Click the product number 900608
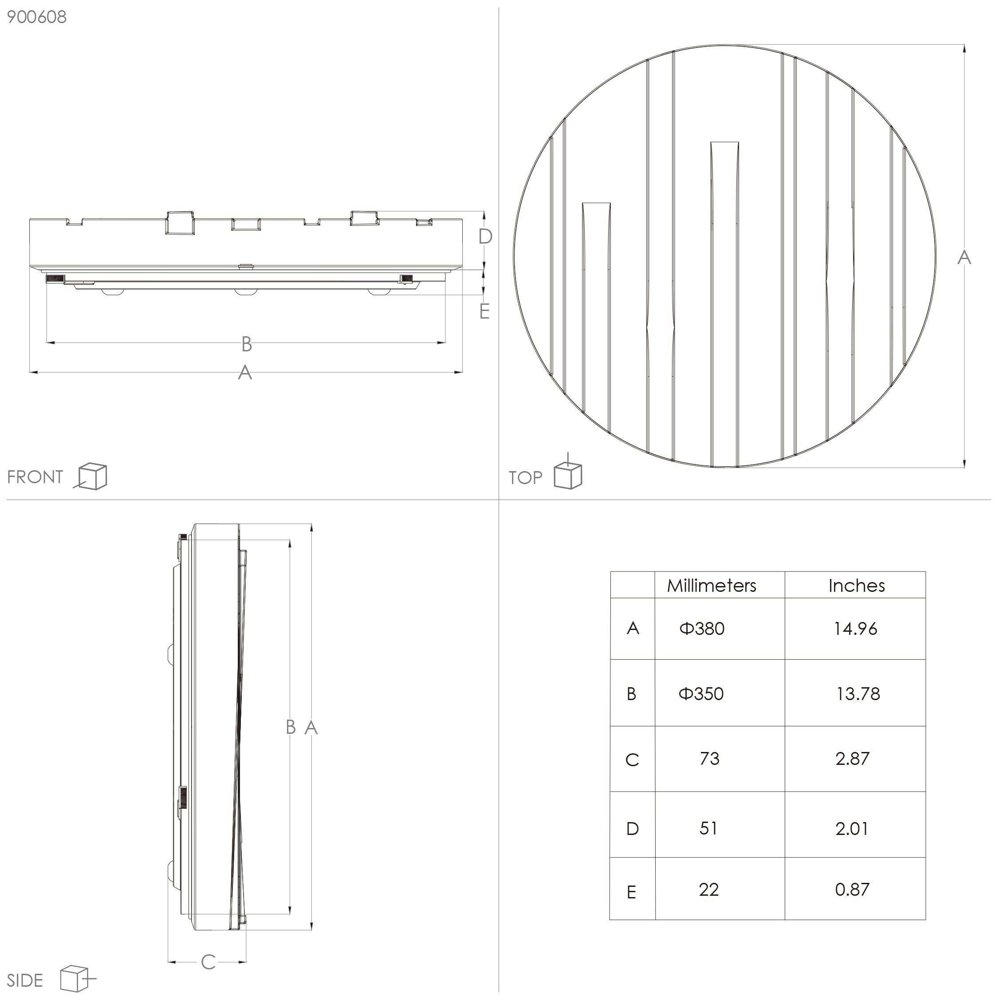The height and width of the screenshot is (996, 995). point(37,17)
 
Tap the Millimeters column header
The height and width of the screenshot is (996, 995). point(712,586)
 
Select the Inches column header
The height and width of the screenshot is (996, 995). point(856,586)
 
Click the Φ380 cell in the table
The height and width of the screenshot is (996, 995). point(702,628)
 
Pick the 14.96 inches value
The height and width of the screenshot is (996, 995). point(855,628)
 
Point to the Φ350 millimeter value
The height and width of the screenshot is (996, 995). point(701,694)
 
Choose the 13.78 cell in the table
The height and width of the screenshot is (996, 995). point(858,694)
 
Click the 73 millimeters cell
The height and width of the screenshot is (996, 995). point(709,758)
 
